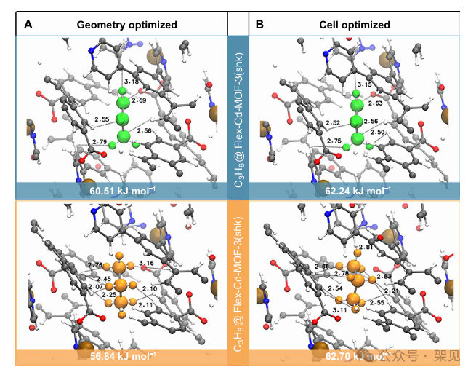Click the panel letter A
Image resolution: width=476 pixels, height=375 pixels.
click(28, 24)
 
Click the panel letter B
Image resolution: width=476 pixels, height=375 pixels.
click(259, 24)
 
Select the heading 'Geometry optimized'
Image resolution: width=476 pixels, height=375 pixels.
click(127, 25)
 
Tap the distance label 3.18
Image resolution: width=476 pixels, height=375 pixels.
click(132, 81)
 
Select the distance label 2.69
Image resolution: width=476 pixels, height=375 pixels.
click(140, 100)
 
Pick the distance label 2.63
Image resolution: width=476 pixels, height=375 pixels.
click(373, 103)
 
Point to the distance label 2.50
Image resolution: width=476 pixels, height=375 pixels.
click(377, 132)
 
